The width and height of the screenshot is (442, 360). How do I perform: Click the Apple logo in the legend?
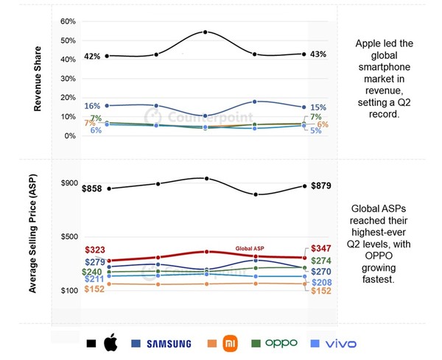110,342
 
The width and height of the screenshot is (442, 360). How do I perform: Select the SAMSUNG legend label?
169,344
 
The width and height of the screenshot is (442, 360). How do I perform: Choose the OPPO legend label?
281,343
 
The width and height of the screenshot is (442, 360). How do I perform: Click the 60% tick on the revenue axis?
67,21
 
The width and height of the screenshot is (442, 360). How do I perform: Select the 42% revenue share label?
93,57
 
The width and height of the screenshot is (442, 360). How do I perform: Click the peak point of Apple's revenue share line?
205,32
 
